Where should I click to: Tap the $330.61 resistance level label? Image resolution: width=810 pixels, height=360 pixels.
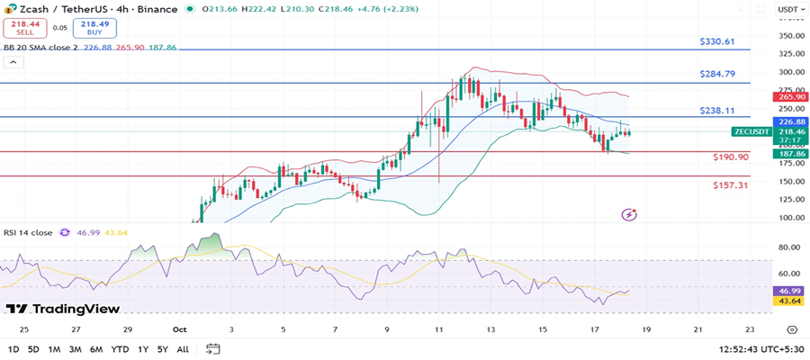coord(717,41)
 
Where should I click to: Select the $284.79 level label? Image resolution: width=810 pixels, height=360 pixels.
coord(717,74)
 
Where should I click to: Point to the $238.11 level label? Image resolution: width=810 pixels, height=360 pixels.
coord(717,111)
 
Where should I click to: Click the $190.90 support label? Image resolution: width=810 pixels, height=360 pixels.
coord(730,157)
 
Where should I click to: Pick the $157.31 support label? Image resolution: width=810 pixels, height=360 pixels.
coord(730,184)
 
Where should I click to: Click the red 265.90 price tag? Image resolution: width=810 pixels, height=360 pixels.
coord(789,96)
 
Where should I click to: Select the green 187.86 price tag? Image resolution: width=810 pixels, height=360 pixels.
coord(789,154)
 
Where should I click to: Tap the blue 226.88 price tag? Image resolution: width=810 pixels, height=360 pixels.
coord(789,121)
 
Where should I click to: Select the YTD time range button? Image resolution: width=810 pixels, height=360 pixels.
coord(120,348)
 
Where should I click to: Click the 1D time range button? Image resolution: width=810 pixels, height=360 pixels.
coord(13,348)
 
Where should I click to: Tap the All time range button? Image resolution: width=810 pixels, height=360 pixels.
coord(183,348)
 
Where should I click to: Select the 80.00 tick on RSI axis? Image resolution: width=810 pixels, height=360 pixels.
coord(789,246)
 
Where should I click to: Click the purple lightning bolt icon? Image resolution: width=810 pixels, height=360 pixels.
coord(629,214)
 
